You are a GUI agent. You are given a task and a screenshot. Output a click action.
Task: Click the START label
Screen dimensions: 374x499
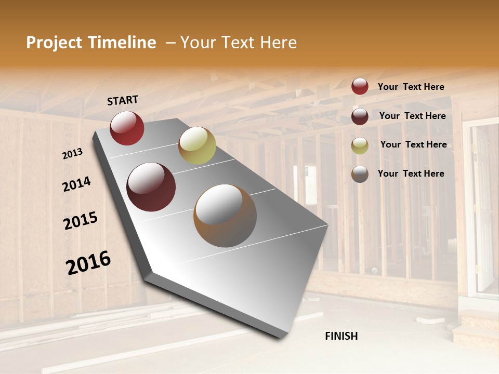pyautogui.click(x=123, y=100)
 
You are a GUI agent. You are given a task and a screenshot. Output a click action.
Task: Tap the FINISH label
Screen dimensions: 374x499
pyautogui.click(x=341, y=336)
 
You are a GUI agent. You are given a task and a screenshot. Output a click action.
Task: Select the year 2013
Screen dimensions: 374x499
pyautogui.click(x=72, y=154)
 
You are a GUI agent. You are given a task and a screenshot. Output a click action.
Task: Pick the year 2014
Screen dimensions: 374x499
pyautogui.click(x=76, y=184)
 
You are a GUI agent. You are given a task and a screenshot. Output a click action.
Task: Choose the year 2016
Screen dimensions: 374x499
pyautogui.click(x=88, y=262)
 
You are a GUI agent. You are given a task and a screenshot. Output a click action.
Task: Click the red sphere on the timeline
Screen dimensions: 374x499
pyautogui.click(x=127, y=128)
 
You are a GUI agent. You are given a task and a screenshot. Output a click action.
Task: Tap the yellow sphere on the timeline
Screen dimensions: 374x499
pyautogui.click(x=197, y=145)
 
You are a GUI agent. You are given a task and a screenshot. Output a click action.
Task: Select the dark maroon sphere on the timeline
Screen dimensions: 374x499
pyautogui.click(x=151, y=187)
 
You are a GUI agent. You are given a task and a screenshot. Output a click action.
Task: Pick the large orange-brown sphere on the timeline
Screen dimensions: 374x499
pyautogui.click(x=225, y=216)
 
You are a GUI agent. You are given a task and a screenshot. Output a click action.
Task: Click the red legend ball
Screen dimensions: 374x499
pyautogui.click(x=360, y=86)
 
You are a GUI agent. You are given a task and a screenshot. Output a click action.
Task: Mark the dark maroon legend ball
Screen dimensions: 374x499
pyautogui.click(x=360, y=116)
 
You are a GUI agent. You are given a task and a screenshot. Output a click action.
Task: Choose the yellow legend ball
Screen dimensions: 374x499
pyautogui.click(x=360, y=145)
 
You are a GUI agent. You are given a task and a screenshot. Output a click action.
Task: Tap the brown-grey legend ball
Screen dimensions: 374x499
pyautogui.click(x=360, y=174)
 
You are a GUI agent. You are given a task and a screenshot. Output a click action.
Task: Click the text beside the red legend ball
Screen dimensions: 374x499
pyautogui.click(x=411, y=87)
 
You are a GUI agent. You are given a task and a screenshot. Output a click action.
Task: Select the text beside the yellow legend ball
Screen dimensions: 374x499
pyautogui.click(x=413, y=144)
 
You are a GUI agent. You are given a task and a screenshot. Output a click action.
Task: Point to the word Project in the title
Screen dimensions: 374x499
pyautogui.click(x=54, y=43)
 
